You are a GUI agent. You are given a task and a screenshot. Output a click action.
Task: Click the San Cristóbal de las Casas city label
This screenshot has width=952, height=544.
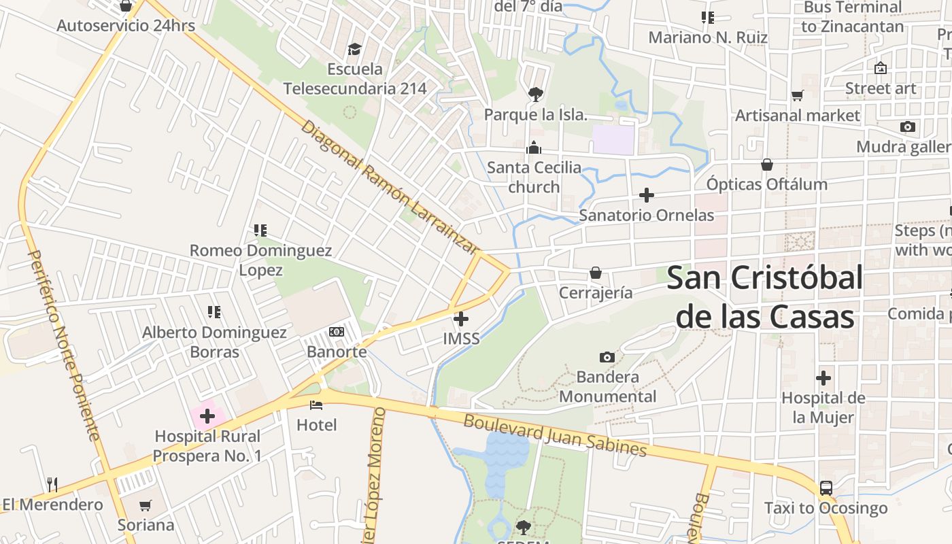coord(764,297)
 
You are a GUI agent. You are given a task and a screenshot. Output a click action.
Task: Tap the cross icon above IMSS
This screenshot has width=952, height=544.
coord(461,318)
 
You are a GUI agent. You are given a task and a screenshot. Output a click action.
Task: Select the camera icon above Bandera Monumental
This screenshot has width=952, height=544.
coord(607,357)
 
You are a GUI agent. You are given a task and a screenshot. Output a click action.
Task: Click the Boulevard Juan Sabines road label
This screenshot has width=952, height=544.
coord(554,435)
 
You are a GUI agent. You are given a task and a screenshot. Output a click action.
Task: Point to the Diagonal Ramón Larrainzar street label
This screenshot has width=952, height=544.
coord(388,187)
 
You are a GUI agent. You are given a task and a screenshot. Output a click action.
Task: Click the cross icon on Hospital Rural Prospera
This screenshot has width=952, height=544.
coord(207,416)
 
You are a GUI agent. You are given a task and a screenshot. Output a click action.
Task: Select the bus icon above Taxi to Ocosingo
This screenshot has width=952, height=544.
coord(826,488)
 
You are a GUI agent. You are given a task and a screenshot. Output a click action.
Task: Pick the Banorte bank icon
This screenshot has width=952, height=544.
coord(337,332)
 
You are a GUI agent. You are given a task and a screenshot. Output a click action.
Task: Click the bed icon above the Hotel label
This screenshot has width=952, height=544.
coord(316,405)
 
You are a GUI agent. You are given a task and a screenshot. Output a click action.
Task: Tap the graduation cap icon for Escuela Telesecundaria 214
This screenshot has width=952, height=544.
coord(354,49)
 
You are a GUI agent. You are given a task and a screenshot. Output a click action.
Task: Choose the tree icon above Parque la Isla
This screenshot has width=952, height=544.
coord(535,95)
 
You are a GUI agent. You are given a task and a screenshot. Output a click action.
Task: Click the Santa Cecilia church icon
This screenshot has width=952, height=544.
coord(534,148)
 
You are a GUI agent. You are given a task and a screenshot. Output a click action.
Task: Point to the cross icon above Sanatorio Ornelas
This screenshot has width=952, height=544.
coord(646,196)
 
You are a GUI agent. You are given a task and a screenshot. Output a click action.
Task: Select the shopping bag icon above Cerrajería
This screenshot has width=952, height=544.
coord(596,273)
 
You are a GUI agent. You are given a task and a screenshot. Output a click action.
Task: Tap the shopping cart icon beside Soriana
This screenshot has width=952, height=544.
coord(145,505)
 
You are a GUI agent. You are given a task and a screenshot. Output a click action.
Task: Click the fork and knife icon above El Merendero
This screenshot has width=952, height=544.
coord(52,484)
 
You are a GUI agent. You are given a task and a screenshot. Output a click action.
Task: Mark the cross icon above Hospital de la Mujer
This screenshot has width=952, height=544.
coord(823,378)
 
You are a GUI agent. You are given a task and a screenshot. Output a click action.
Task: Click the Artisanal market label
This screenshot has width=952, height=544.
coord(797,116)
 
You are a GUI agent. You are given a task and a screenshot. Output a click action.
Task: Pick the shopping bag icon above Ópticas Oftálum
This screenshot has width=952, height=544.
coord(766,165)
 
